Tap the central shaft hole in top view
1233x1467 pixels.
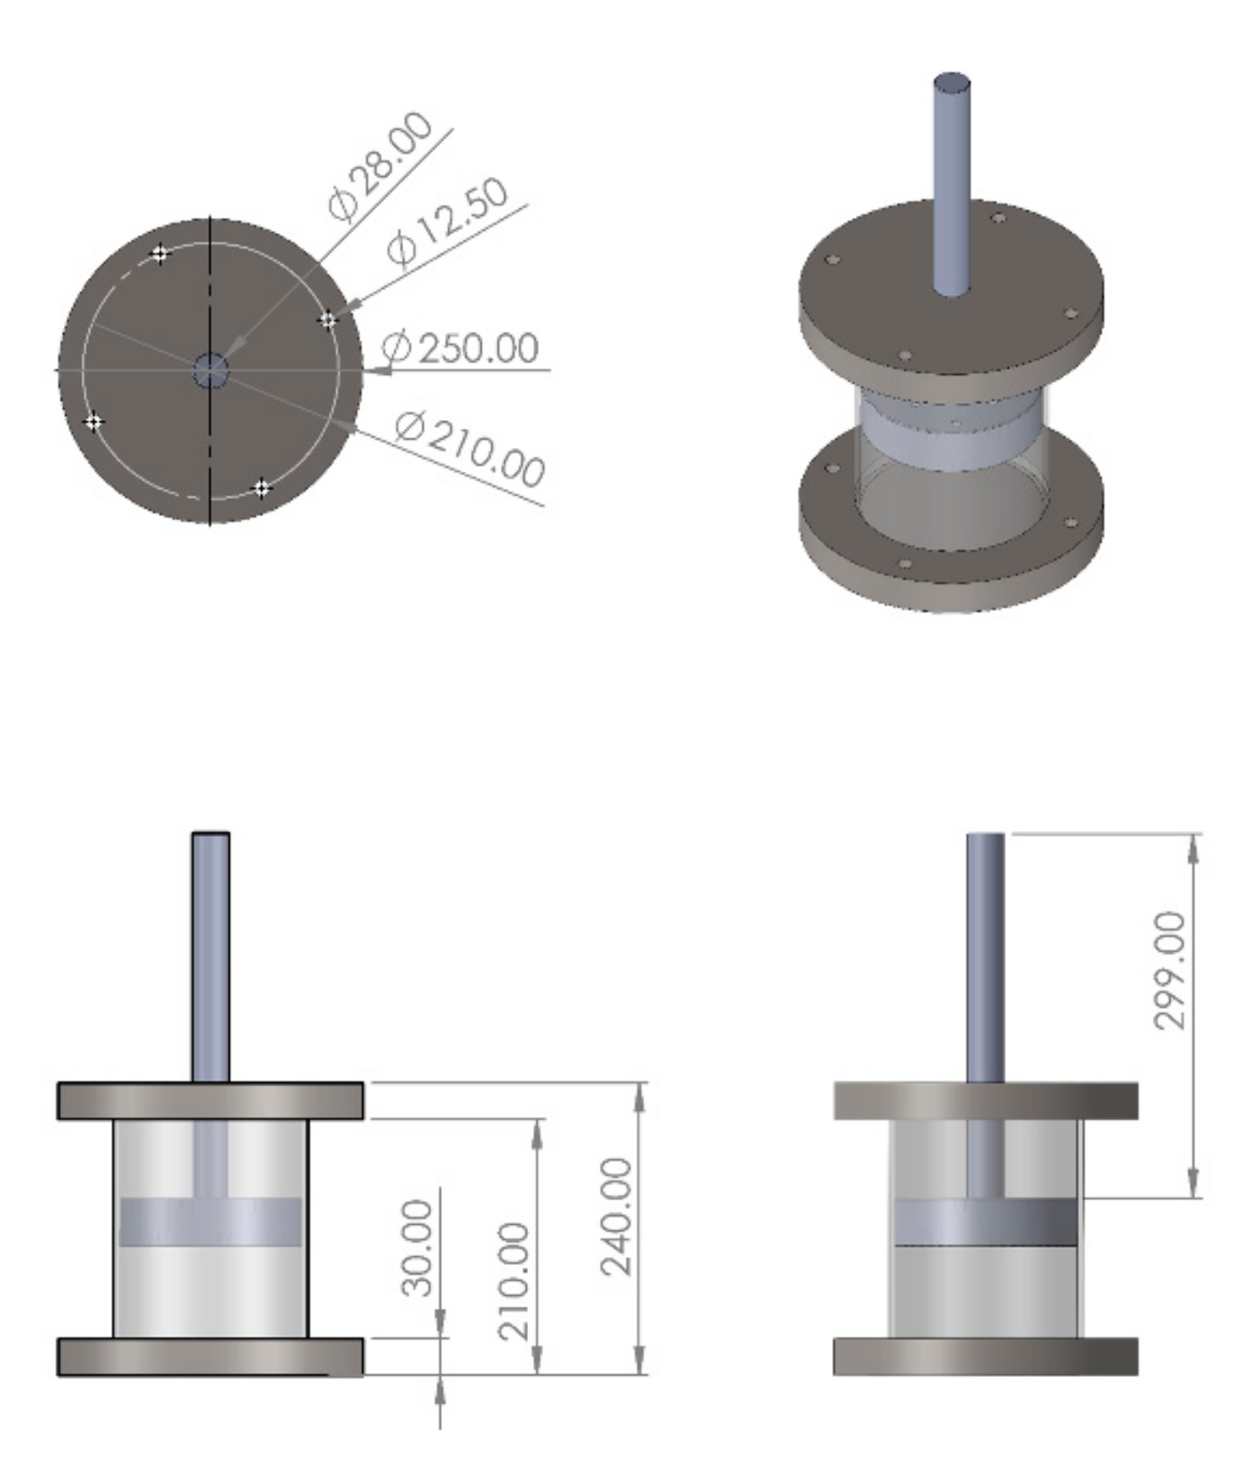pyautogui.click(x=211, y=370)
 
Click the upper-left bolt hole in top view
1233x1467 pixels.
pyautogui.click(x=159, y=254)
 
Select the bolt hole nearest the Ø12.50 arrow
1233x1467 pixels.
pyautogui.click(x=328, y=320)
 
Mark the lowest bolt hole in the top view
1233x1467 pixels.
pyautogui.click(x=261, y=488)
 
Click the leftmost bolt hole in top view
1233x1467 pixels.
pyautogui.click(x=94, y=422)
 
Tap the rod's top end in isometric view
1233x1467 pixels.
pyautogui.click(x=952, y=81)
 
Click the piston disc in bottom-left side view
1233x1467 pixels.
pyautogui.click(x=210, y=1222)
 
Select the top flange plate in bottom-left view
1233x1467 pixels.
pyautogui.click(x=210, y=1101)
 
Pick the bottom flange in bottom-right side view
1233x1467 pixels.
pyautogui.click(x=985, y=1356)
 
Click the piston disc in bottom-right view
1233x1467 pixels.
pyautogui.click(x=985, y=1222)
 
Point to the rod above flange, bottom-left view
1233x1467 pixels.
pyautogui.click(x=211, y=955)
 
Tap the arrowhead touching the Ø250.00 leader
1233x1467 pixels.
pyautogui.click(x=380, y=369)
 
